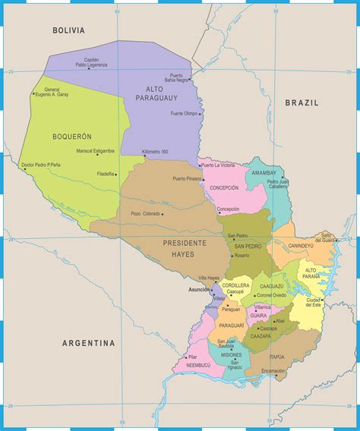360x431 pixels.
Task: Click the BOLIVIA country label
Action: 68,30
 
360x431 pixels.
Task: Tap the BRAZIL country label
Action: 302,102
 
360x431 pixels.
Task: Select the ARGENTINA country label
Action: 89,343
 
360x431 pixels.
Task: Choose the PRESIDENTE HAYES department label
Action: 185,247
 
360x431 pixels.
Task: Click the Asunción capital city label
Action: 198,290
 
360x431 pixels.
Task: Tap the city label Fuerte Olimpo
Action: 185,113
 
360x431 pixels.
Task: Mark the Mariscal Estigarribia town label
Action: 95,151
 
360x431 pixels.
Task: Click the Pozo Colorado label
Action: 146,214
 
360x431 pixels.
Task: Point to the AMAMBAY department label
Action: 264,173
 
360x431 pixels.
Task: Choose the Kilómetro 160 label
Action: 155,152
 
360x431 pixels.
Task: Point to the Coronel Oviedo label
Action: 271,295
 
